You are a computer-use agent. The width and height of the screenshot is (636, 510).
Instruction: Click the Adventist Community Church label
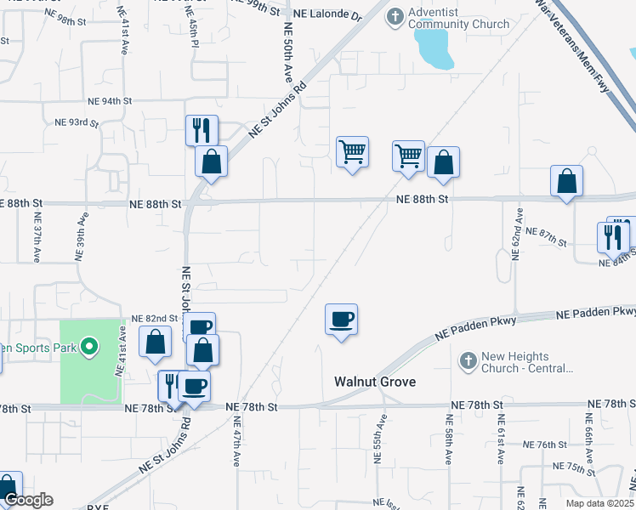tap(459, 18)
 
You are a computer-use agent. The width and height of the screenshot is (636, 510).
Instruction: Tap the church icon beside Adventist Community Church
tap(396, 16)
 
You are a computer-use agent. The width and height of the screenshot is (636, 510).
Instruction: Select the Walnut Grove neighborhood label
tap(375, 382)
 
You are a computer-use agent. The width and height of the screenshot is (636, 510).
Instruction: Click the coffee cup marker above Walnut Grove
tap(341, 320)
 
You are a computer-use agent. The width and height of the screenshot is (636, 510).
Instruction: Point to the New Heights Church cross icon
tap(467, 362)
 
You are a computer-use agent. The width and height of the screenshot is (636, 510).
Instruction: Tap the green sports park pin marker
tap(87, 346)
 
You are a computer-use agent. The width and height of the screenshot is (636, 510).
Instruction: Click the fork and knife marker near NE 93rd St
tap(202, 130)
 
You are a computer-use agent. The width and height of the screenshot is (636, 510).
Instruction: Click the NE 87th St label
tap(546, 237)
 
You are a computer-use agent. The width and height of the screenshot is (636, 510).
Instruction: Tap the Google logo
tap(27, 500)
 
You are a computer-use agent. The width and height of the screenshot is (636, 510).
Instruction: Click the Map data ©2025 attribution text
tap(599, 504)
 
